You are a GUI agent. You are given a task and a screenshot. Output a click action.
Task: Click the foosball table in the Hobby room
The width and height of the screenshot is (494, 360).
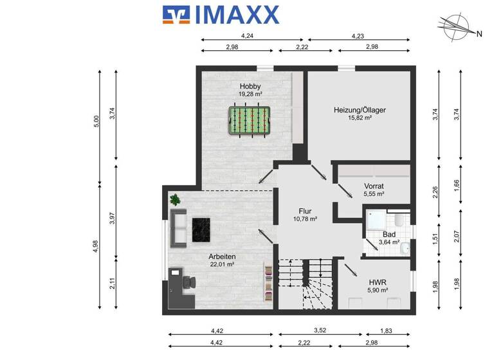click(248, 120)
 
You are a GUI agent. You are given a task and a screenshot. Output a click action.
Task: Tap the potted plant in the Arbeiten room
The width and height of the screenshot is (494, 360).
click(175, 201)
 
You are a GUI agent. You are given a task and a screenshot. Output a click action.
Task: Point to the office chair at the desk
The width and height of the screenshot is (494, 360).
click(190, 282)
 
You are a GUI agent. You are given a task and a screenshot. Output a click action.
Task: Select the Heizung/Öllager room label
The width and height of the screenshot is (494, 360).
click(360, 110)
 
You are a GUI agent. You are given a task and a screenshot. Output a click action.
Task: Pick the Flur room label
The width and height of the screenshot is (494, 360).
click(305, 211)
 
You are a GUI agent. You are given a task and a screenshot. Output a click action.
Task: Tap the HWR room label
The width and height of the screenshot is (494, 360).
click(378, 282)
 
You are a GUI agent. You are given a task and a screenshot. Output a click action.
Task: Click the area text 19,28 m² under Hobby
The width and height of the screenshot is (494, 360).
click(250, 94)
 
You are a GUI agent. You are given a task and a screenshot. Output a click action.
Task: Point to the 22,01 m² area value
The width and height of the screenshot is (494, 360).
click(221, 264)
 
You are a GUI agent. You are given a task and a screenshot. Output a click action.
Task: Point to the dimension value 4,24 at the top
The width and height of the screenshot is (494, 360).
click(246, 36)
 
